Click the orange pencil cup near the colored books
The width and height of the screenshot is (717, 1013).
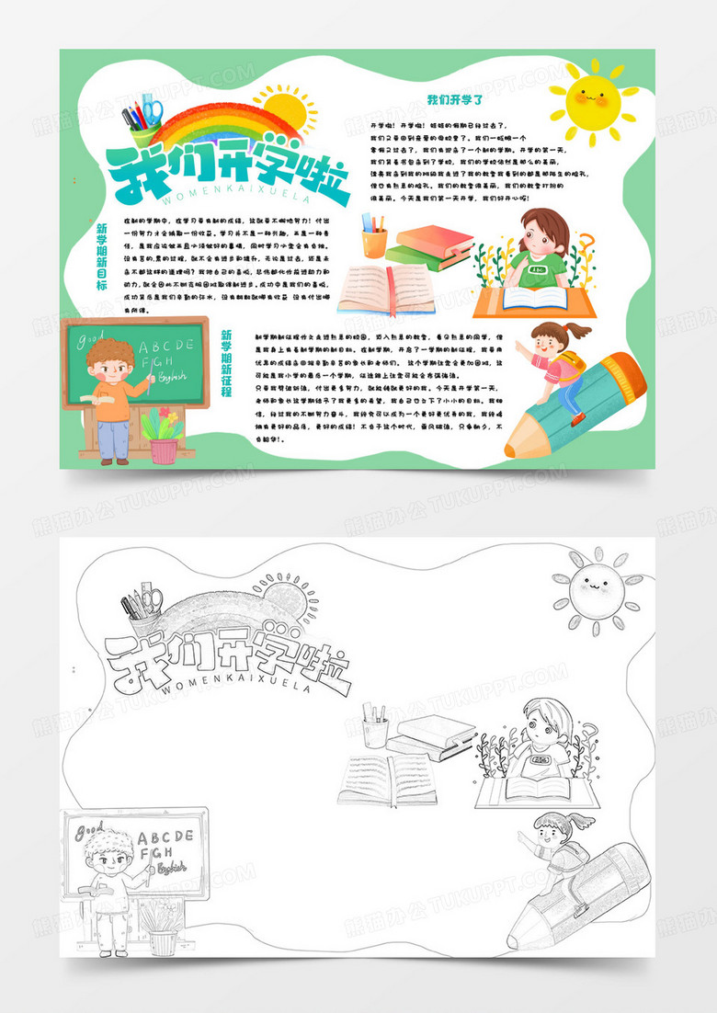(x=373, y=241)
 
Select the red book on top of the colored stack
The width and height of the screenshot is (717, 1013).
(x=434, y=240)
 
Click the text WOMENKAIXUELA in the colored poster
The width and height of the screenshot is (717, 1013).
(x=230, y=197)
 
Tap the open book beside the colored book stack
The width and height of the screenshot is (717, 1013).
(x=380, y=288)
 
